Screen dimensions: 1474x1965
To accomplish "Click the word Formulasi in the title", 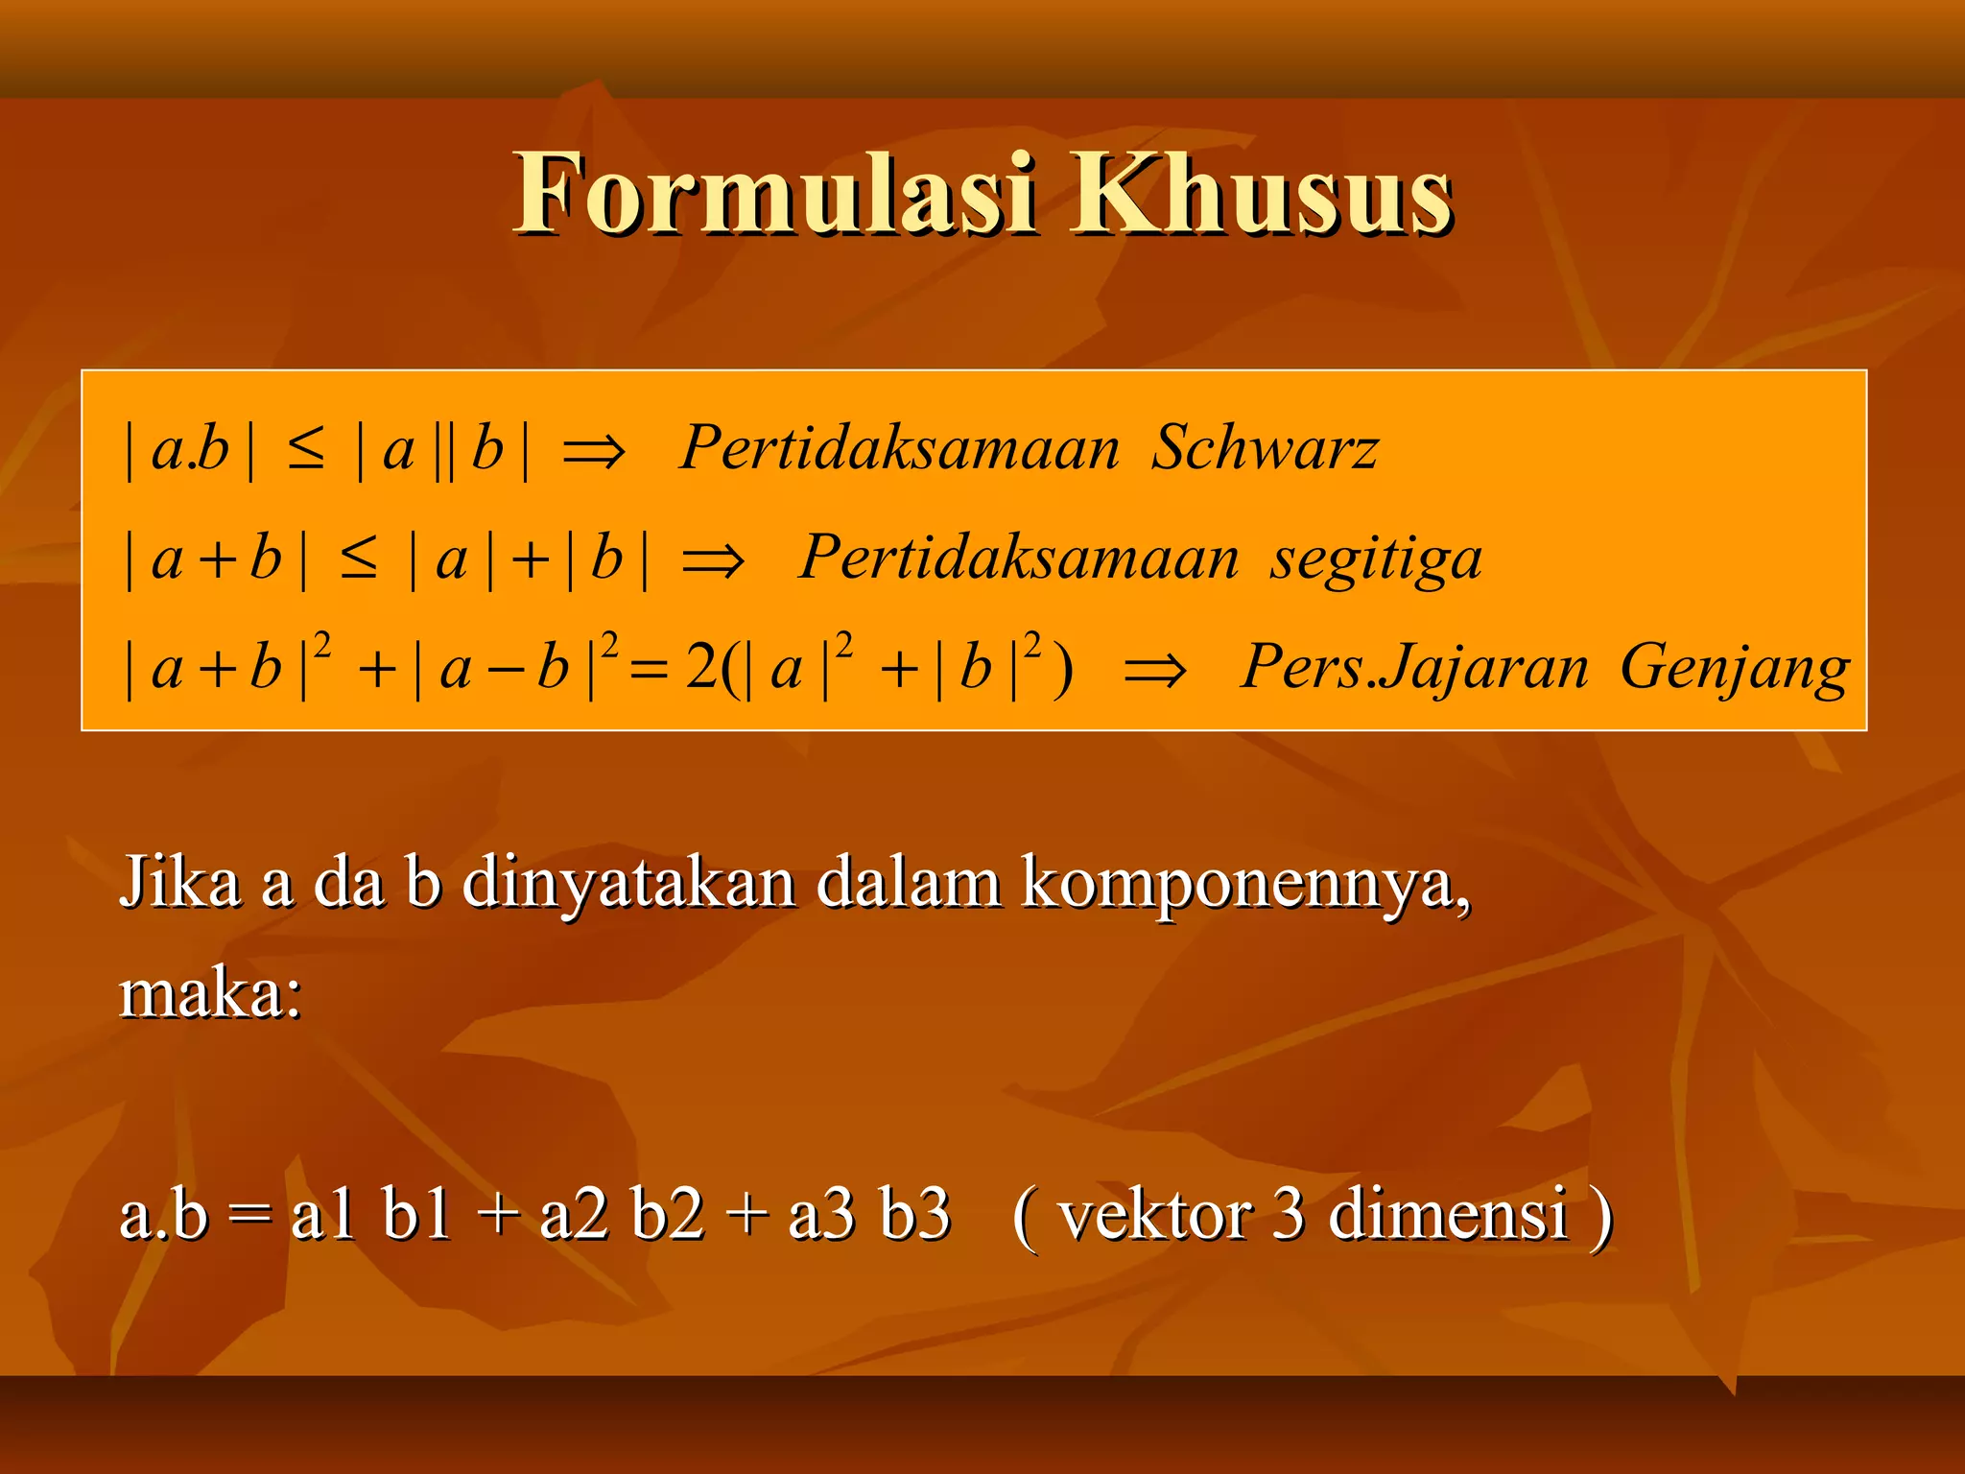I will pos(775,194).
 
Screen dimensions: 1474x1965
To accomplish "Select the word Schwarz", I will pos(1264,448).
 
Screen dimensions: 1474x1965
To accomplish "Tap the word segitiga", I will pos(1376,559).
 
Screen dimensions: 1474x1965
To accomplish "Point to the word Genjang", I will pos(1734,668).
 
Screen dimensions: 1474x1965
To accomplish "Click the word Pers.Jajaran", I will pos(1414,668).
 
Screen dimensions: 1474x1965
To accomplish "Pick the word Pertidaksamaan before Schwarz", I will pos(899,448).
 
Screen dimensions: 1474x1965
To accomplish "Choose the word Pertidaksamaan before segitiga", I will pos(1019,559).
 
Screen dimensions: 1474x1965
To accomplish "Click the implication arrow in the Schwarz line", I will pos(594,451).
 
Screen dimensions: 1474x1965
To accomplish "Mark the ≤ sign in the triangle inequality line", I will pos(359,559).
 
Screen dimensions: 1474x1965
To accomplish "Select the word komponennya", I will pos(1245,883).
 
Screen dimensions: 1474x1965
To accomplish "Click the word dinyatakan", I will pos(629,883).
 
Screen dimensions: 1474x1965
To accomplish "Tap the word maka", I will pos(209,994).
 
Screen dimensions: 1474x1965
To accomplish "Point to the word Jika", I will pos(179,883).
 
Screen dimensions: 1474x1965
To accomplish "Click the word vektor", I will pos(1155,1215).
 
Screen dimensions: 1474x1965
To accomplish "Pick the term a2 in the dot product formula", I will pos(574,1215).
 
